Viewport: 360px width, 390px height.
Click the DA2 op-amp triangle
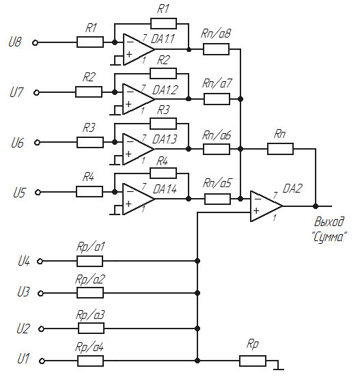(266, 206)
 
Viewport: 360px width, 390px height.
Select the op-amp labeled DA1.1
(139, 49)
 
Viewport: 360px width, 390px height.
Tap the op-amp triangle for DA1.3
(138, 149)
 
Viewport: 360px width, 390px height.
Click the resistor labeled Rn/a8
(216, 49)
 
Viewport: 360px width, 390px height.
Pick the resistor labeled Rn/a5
(217, 199)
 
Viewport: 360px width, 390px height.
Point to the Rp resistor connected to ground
(253, 361)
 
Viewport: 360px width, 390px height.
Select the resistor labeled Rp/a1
(89, 261)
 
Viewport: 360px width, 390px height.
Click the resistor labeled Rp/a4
(91, 361)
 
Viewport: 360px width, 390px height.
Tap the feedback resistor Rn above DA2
(280, 149)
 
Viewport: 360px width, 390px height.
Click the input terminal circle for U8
(36, 43)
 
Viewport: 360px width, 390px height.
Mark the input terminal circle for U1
(42, 361)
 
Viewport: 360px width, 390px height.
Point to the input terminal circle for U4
(40, 262)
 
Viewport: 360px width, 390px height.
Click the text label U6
(17, 143)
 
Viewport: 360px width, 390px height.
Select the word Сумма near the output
(329, 237)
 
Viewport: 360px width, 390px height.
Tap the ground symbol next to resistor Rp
(279, 367)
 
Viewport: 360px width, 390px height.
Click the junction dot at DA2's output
(316, 206)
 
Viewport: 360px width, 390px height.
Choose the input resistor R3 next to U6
(90, 142)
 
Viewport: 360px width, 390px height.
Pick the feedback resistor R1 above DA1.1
(163, 23)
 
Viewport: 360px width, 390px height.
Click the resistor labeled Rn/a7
(217, 99)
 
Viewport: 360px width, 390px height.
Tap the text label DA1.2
(165, 89)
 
